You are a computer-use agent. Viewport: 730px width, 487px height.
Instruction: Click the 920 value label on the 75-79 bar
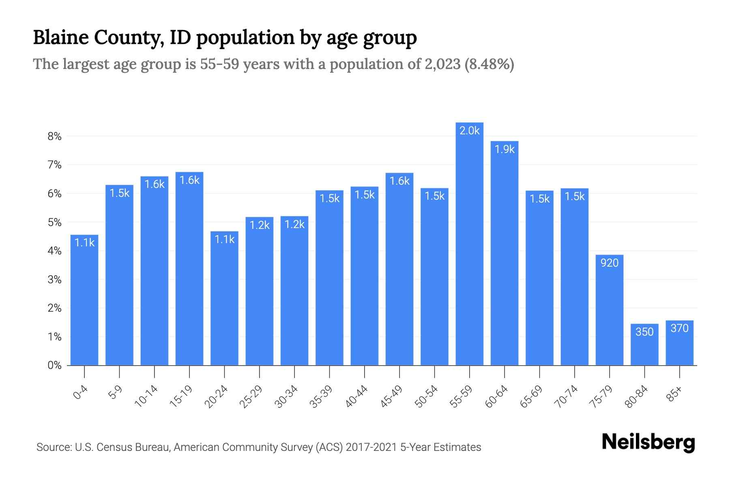pyautogui.click(x=610, y=263)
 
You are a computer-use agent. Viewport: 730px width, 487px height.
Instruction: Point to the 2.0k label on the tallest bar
pyautogui.click(x=469, y=131)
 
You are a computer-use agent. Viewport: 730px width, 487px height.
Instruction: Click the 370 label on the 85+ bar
pyautogui.click(x=679, y=328)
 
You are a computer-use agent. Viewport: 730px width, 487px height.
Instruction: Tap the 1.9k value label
pyautogui.click(x=505, y=149)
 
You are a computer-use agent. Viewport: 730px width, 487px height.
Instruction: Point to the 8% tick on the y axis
pyautogui.click(x=54, y=136)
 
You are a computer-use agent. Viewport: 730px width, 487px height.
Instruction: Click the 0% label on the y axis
pyautogui.click(x=54, y=365)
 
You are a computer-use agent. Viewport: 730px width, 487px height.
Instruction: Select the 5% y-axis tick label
pyautogui.click(x=54, y=222)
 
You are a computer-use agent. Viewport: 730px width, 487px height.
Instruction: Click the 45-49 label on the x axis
pyautogui.click(x=391, y=396)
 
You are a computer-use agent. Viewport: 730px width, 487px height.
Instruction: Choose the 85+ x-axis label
pyautogui.click(x=674, y=394)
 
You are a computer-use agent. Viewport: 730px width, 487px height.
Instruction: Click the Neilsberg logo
pyautogui.click(x=648, y=442)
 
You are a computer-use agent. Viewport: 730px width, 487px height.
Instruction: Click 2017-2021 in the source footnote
pyautogui.click(x=371, y=447)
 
